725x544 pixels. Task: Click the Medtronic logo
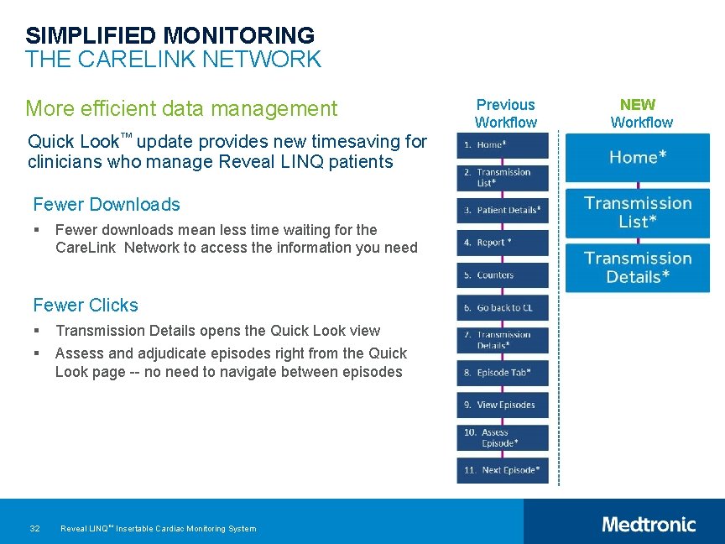(x=649, y=525)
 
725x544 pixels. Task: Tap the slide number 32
(x=34, y=528)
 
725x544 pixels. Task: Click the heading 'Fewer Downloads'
(x=107, y=204)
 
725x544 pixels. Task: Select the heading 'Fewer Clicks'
(x=86, y=305)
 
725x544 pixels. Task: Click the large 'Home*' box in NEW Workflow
(x=638, y=158)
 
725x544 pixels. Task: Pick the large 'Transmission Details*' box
(x=638, y=268)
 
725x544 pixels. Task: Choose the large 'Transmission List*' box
(x=638, y=212)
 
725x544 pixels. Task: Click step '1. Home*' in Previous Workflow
(x=503, y=145)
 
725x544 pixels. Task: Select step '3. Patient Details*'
(x=503, y=210)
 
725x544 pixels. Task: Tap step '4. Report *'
(x=503, y=243)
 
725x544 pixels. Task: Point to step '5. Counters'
(x=503, y=275)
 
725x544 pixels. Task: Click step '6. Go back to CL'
(x=503, y=308)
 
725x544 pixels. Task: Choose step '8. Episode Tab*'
(x=503, y=373)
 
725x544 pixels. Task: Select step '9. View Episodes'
(x=503, y=405)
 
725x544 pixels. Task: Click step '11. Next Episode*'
(x=503, y=470)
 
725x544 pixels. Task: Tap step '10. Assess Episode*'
(x=503, y=437)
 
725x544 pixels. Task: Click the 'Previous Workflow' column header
(x=505, y=113)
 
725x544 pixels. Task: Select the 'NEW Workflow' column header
(x=641, y=113)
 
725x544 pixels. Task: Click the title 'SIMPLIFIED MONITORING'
(x=170, y=35)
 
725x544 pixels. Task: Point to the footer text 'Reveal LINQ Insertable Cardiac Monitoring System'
(x=159, y=528)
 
